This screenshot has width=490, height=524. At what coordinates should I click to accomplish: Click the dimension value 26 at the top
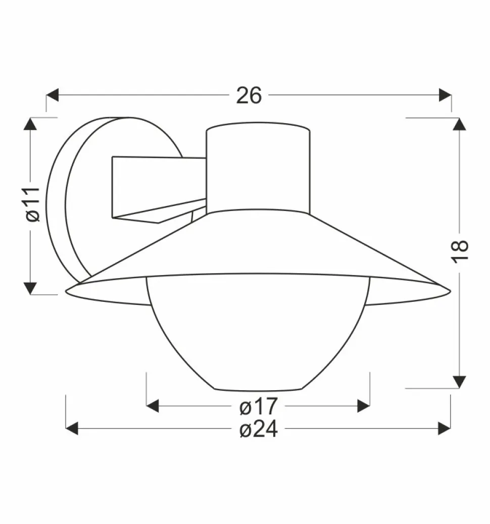click(x=249, y=95)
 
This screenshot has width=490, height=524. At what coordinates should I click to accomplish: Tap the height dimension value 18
click(x=460, y=251)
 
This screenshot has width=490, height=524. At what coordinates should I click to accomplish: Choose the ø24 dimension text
click(x=258, y=429)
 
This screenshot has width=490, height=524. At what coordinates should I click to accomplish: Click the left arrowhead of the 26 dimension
click(x=53, y=95)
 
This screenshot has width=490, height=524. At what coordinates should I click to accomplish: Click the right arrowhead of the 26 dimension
click(x=445, y=95)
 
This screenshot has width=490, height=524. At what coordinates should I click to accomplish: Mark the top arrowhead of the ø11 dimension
click(x=31, y=124)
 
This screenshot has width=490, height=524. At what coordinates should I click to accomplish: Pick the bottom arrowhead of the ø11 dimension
click(x=31, y=288)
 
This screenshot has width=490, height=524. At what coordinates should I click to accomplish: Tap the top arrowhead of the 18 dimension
click(x=459, y=124)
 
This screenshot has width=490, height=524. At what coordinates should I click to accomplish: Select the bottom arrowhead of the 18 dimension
click(x=459, y=382)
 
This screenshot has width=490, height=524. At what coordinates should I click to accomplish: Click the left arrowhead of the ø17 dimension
click(x=153, y=405)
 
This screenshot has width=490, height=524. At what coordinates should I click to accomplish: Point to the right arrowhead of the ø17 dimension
click(x=364, y=405)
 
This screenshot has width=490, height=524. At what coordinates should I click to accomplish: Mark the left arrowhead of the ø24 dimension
click(x=72, y=429)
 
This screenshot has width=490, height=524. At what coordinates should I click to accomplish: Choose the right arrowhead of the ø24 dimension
click(x=444, y=429)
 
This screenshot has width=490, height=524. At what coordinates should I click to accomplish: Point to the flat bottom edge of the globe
click(x=259, y=390)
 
